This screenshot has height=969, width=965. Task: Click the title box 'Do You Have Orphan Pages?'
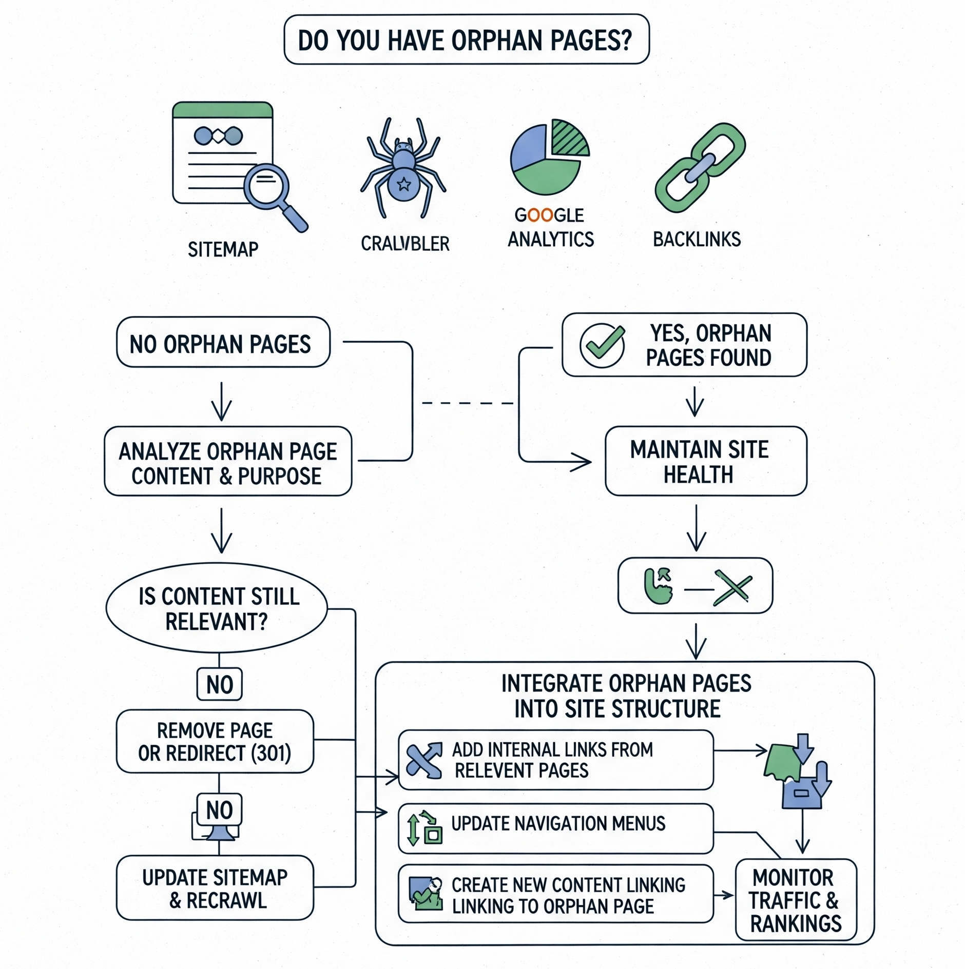coord(466,39)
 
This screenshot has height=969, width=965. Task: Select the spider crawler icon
coord(403,167)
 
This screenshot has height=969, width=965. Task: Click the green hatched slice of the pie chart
coord(569,138)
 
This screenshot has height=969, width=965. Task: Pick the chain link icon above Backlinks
coord(700,167)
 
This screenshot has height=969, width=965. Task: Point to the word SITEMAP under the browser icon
coord(223,250)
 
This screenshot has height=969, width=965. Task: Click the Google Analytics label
coord(550,228)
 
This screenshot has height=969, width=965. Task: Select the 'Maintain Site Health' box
coord(705,461)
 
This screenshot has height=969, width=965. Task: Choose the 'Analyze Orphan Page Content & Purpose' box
coord(228,462)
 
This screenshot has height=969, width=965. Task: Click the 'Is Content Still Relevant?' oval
coord(217,608)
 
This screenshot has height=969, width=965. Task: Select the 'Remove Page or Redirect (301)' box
coord(215,742)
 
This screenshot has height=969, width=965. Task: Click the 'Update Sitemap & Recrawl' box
coord(215,888)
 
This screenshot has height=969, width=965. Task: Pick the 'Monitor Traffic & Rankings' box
coord(796,900)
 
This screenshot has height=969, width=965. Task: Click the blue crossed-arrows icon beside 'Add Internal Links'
coord(424,760)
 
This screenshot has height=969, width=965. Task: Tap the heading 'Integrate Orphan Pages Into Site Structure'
coord(625,696)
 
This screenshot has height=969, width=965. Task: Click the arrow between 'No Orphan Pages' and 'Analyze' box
coord(222,402)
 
